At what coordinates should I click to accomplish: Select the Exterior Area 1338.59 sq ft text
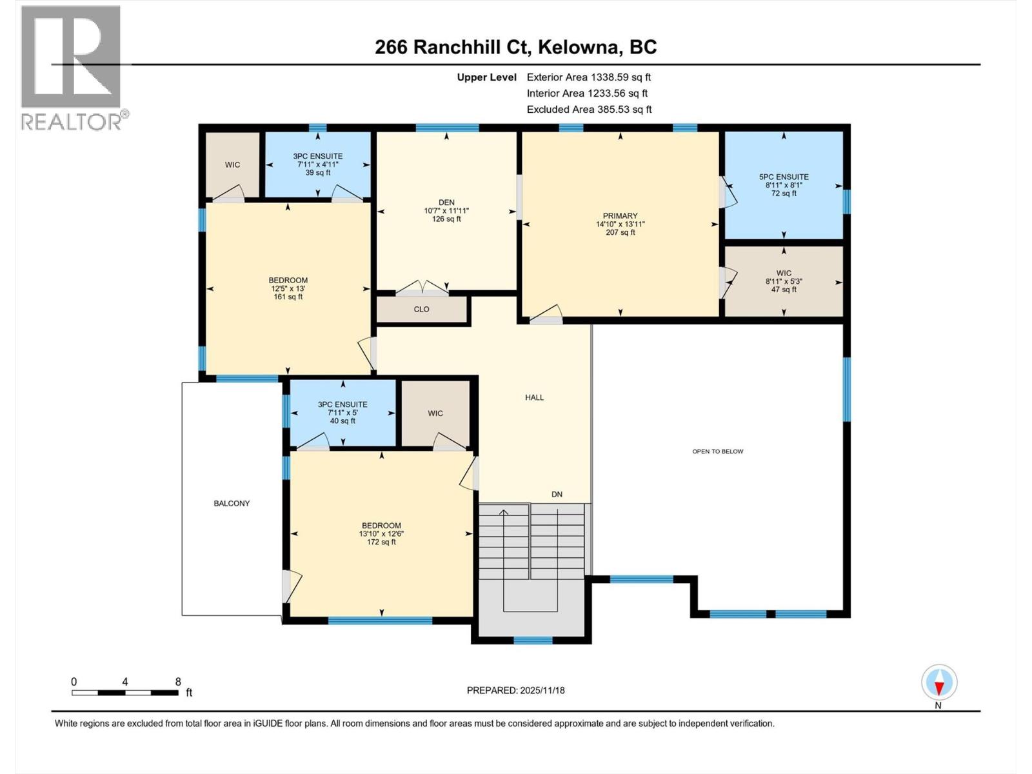[588, 77]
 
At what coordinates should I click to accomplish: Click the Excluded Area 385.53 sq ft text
[589, 110]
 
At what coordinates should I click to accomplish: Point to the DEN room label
[446, 203]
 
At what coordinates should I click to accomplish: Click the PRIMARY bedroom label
[620, 216]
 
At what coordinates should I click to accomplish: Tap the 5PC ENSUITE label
[784, 177]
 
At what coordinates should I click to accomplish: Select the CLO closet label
[421, 310]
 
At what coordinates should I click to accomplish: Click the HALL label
[534, 397]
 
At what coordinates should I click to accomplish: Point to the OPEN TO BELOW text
[717, 451]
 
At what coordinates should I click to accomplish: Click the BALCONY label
[232, 503]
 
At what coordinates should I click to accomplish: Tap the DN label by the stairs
[557, 494]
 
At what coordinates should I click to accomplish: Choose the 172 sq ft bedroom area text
[381, 542]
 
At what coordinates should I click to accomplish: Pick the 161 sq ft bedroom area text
[288, 297]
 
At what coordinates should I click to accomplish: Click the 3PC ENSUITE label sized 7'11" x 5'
[342, 405]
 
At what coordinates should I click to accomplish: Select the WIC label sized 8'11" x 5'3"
[784, 273]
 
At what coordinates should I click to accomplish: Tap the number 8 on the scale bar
[178, 682]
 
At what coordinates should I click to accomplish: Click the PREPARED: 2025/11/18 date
[515, 690]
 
